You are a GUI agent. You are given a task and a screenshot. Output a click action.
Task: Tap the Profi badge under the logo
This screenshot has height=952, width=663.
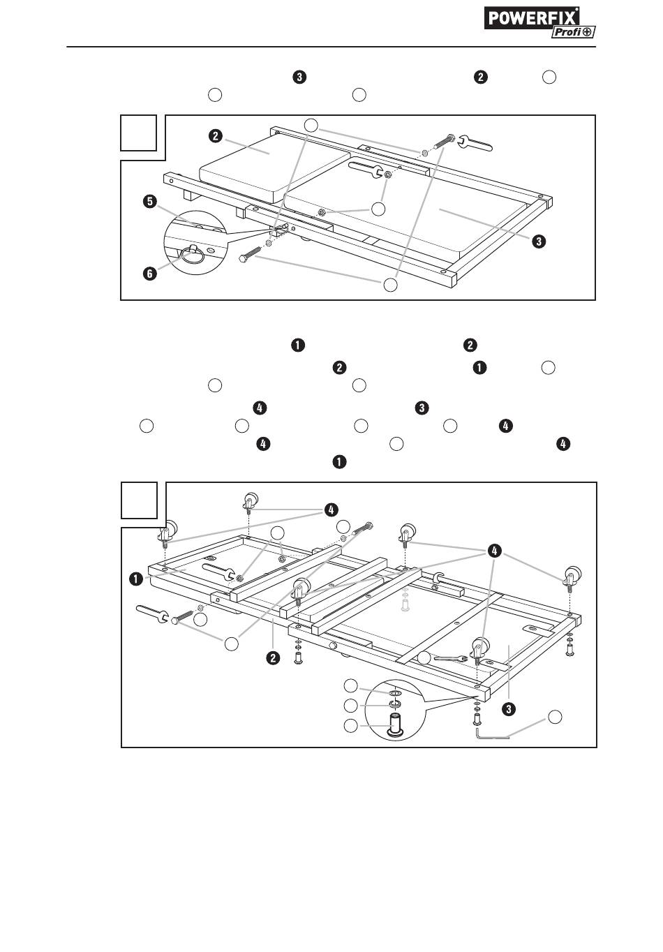[x=573, y=32]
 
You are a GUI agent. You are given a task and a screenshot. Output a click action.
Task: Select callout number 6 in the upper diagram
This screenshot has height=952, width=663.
[x=149, y=274]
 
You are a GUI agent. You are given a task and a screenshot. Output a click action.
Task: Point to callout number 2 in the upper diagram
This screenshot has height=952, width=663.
[x=216, y=136]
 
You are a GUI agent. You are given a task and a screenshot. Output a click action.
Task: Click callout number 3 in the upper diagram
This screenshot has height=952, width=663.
[x=538, y=241]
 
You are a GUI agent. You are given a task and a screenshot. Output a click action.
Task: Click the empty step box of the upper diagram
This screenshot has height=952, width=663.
[x=138, y=133]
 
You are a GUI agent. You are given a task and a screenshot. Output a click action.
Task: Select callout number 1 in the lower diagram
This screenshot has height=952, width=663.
[x=136, y=578]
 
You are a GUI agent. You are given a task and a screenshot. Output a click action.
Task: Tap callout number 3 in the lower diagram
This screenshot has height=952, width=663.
[x=509, y=709]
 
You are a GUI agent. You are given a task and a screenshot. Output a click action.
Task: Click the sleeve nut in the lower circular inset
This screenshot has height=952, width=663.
[x=394, y=724]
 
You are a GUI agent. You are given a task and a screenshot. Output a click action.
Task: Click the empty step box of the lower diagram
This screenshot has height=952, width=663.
[x=140, y=500]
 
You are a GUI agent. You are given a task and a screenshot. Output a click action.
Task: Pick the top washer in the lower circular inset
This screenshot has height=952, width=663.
[x=395, y=693]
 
